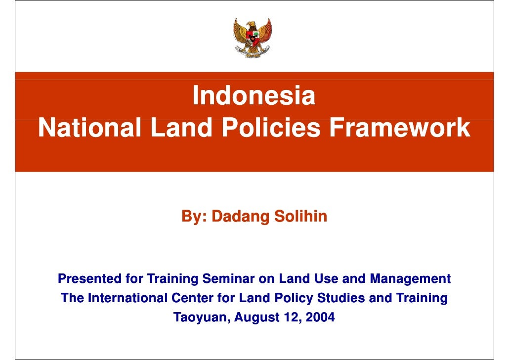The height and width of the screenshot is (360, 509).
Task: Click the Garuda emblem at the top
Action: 252,38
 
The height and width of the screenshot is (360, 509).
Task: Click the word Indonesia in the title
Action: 254,96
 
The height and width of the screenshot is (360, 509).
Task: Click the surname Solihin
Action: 300,217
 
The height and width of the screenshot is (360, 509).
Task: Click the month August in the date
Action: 255,317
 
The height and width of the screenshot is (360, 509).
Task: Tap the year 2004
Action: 320,317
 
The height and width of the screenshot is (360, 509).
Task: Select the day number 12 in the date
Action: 289,317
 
